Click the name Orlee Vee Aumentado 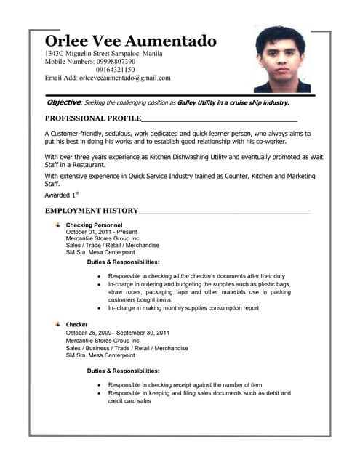pyautogui.click(x=130, y=41)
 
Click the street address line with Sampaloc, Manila pyautogui.click(x=104, y=54)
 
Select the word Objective pyautogui.click(x=63, y=102)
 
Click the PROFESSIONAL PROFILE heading pyautogui.click(x=92, y=118)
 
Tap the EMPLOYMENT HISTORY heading pyautogui.click(x=91, y=211)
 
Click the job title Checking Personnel pyautogui.click(x=94, y=225)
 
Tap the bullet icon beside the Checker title pyautogui.click(x=57, y=323)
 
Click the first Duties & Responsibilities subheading pyautogui.click(x=123, y=262)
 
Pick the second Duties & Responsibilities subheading pyautogui.click(x=123, y=371)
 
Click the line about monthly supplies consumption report pyautogui.click(x=183, y=308)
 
